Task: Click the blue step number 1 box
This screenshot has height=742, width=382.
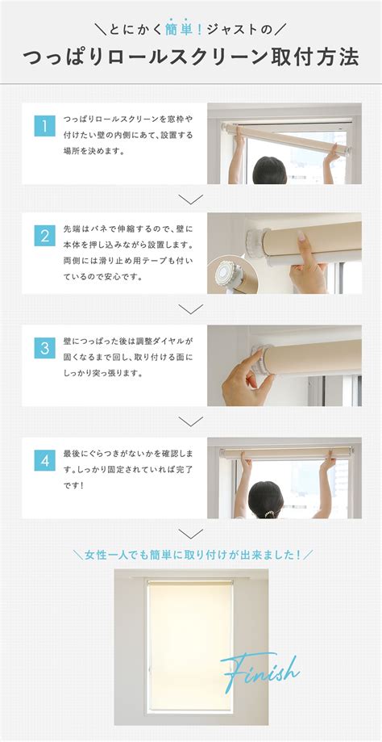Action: [44, 126]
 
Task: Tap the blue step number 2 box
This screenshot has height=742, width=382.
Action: [44, 236]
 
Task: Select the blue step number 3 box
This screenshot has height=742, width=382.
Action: [44, 348]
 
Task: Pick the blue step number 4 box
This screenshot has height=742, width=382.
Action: [44, 460]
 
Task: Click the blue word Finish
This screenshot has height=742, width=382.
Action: [260, 672]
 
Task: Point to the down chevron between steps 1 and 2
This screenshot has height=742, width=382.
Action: [191, 199]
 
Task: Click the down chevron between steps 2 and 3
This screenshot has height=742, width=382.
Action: [191, 309]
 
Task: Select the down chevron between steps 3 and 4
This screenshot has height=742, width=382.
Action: [191, 421]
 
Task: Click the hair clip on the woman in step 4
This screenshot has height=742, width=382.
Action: [269, 514]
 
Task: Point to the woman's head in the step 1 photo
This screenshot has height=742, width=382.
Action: [270, 170]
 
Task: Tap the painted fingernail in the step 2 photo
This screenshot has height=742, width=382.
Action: [301, 236]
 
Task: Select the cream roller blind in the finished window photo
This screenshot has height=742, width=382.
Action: [190, 647]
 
